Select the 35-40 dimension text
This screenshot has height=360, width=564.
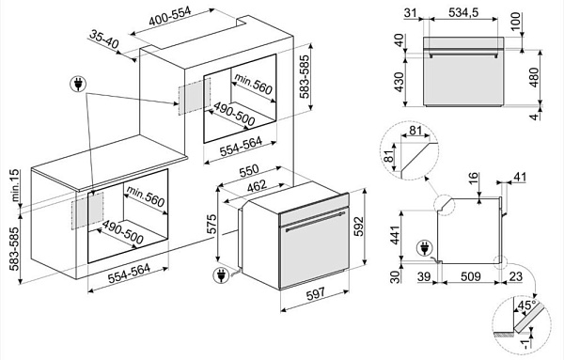[x=104, y=39]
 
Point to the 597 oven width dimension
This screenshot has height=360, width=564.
[x=316, y=293]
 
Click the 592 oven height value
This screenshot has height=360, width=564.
[x=359, y=227]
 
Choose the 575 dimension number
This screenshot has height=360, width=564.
[x=212, y=224]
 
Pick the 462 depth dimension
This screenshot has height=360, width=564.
[x=257, y=186]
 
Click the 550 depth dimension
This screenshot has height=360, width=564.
[x=249, y=172]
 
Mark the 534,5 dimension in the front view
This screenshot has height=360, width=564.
[x=463, y=12]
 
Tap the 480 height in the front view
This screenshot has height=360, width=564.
[x=534, y=77]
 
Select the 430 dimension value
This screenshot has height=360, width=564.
[x=399, y=83]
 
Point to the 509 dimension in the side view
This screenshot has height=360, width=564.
[x=471, y=276]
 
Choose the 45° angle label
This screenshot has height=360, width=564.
[x=526, y=305]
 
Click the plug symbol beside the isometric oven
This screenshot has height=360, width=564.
[x=221, y=275]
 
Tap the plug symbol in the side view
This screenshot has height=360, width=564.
[x=424, y=249]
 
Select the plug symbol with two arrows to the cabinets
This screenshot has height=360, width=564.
[x=78, y=85]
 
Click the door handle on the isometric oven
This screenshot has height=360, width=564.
[x=315, y=221]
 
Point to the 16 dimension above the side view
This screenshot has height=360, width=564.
[x=474, y=178]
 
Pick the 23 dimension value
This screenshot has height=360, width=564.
[x=516, y=276]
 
